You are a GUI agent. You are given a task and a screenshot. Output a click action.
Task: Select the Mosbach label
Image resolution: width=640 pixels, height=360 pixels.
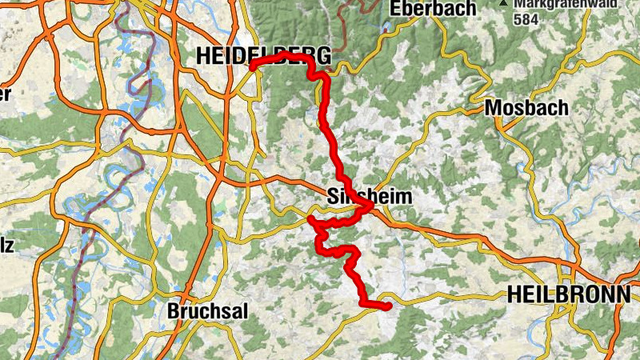tap(526, 108)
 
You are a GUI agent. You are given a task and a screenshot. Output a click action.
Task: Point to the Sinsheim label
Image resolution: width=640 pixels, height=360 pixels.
tap(370, 197)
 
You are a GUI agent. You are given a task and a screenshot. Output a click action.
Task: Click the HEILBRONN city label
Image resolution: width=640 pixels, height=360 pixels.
tap(569, 294)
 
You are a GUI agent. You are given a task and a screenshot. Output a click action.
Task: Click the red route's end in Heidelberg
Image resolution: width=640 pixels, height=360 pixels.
tap(252, 68)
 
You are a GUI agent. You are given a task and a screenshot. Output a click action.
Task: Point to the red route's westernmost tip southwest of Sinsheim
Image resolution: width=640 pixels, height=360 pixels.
tap(310, 218)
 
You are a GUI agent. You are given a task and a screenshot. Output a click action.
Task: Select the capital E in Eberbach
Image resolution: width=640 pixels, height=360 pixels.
tap(396, 10)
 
